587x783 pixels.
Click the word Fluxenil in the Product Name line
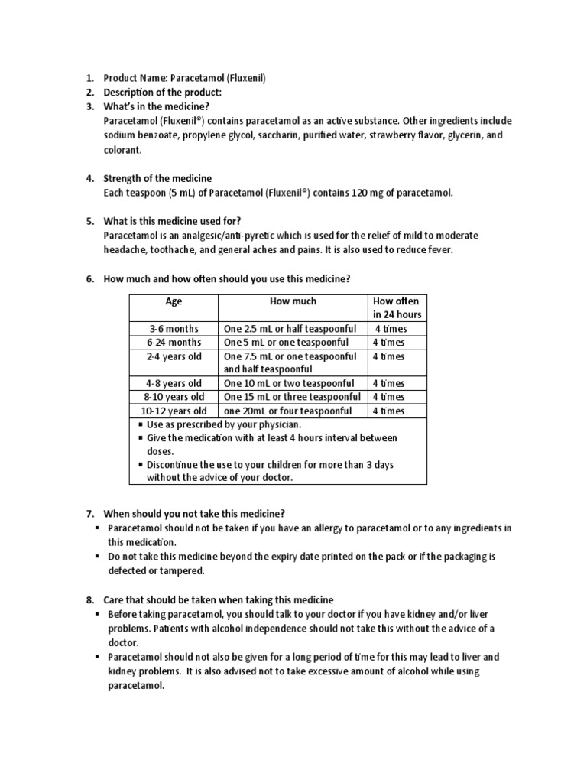tap(244, 78)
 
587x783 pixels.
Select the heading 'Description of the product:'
tap(163, 93)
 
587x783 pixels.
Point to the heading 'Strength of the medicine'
tap(157, 178)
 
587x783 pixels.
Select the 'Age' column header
tap(174, 301)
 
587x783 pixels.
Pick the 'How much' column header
tap(293, 301)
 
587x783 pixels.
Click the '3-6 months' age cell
tap(174, 329)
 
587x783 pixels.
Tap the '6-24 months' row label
tap(174, 342)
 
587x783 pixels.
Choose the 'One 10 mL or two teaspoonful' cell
tap(289, 383)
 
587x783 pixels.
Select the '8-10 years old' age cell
tap(174, 397)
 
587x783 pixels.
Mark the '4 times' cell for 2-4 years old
tap(389, 356)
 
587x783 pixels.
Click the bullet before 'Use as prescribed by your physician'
tap(141, 424)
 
